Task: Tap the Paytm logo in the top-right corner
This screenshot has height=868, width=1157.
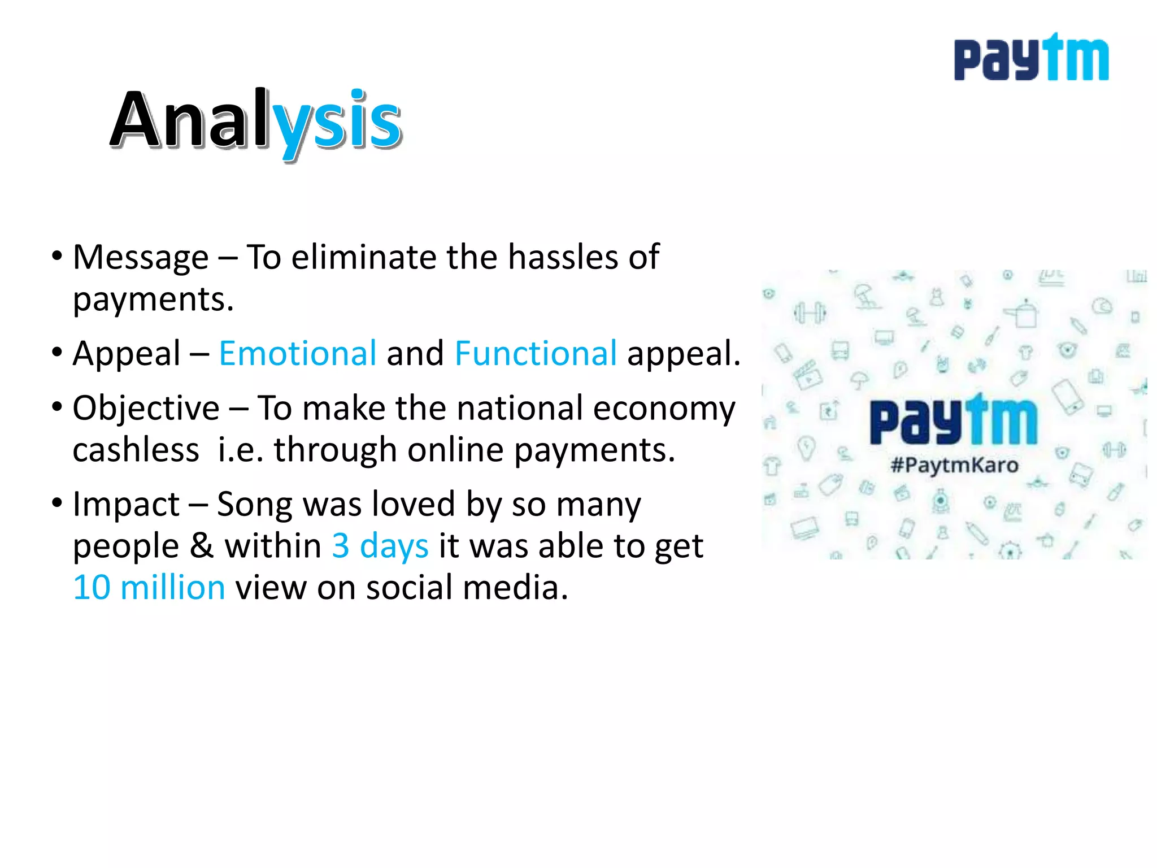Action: [x=1031, y=58]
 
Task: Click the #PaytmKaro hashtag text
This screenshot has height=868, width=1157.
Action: [x=954, y=466]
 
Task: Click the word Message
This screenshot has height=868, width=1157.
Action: [x=141, y=258]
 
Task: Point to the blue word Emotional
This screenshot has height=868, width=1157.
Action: [x=297, y=354]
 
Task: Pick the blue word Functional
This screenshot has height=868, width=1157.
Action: [x=536, y=354]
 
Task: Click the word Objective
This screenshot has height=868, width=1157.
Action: [x=146, y=408]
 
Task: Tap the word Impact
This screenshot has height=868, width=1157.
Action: [x=126, y=504]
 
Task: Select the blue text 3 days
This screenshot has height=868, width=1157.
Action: [x=380, y=546]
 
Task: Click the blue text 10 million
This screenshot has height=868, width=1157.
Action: [x=149, y=588]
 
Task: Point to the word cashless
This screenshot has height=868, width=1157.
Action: [x=136, y=450]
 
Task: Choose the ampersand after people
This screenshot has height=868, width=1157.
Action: [x=202, y=546]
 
